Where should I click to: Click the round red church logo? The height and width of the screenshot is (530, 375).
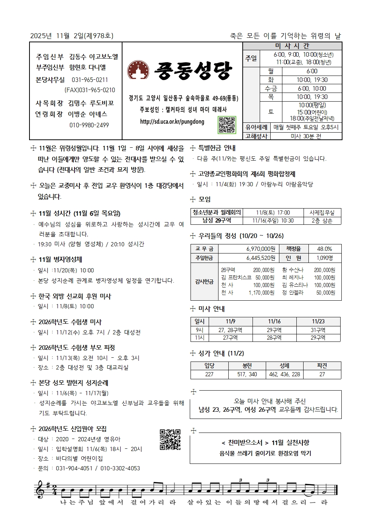[137, 70]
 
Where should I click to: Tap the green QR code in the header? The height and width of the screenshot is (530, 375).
[227, 125]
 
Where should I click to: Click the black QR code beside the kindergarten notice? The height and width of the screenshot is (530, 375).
[170, 439]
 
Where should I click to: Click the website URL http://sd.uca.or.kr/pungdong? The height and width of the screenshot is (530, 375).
[172, 122]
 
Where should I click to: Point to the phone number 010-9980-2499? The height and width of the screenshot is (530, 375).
[89, 125]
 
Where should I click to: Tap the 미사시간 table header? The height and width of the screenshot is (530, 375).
[292, 46]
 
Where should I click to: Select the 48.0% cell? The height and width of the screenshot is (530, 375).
[324, 249]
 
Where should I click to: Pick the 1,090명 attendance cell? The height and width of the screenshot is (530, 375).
[324, 258]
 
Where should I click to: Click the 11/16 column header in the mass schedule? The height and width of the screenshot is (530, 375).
[274, 321]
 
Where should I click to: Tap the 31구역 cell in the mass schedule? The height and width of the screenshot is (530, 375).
[318, 330]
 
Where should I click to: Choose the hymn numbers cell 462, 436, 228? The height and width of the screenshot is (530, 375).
[284, 374]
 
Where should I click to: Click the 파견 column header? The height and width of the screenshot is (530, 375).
[322, 365]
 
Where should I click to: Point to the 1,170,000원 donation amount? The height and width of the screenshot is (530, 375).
[261, 293]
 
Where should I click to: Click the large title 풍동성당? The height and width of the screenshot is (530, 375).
[193, 70]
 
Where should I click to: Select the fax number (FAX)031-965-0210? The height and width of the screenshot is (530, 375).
[90, 90]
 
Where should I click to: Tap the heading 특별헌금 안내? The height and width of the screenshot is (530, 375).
[217, 148]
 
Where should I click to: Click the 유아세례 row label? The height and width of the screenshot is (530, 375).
[256, 128]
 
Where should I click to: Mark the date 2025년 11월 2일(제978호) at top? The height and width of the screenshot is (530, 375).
[72, 36]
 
